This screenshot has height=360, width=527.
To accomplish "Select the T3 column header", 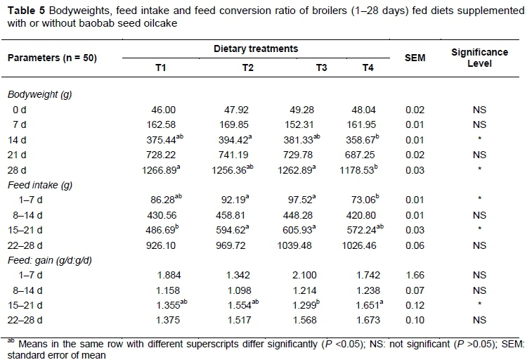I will click(x=322, y=67).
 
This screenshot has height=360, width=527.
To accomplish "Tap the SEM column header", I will click(x=415, y=59).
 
